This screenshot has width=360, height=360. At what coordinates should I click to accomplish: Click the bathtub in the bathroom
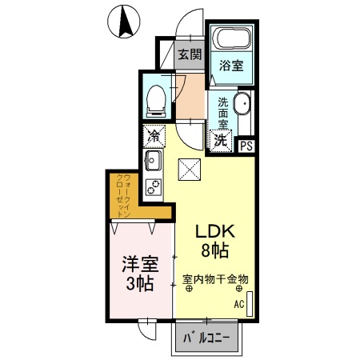[233, 40]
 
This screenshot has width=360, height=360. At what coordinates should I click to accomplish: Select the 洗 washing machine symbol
[221, 139]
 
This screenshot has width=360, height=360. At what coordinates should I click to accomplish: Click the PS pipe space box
[246, 145]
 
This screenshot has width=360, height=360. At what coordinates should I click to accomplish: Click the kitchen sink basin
[153, 164]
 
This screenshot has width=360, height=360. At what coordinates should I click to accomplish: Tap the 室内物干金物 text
[215, 279]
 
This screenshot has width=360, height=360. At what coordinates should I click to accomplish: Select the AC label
[238, 305]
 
